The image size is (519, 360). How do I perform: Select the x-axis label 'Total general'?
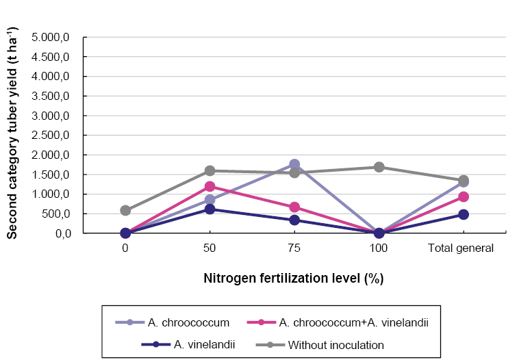(461, 248)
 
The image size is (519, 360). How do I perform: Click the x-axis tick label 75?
(294, 248)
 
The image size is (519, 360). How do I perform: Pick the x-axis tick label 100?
(379, 248)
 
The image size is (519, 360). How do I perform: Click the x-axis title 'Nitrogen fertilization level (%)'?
(293, 279)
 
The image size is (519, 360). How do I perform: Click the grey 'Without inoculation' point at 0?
(125, 211)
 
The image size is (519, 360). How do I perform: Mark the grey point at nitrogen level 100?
(379, 167)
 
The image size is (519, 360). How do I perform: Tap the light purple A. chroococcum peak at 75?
(294, 164)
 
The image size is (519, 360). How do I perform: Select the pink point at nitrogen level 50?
(210, 186)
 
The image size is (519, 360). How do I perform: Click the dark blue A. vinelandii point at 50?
(210, 209)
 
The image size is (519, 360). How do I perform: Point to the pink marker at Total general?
(464, 196)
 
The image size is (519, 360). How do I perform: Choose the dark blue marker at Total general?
(464, 214)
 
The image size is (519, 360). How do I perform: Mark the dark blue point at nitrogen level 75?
(294, 220)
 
